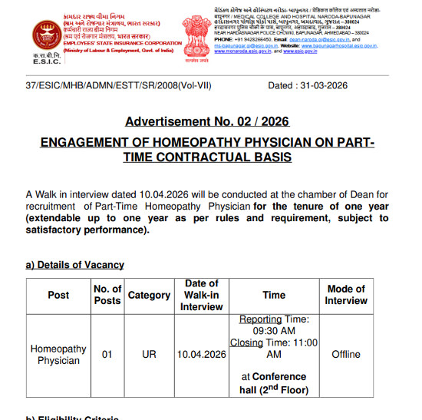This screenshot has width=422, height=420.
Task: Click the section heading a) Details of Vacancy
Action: (74, 265)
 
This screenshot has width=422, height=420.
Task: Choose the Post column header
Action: (58, 295)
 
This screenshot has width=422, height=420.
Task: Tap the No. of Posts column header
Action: (107, 295)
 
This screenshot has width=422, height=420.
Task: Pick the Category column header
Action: (149, 295)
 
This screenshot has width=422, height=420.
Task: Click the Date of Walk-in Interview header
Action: (202, 295)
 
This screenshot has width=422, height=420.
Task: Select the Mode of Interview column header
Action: (346, 295)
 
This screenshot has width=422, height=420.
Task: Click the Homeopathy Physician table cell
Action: (58, 355)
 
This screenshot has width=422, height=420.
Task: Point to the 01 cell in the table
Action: (107, 355)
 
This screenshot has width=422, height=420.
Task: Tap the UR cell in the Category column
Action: (149, 355)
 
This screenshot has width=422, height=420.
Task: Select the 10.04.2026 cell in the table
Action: (202, 355)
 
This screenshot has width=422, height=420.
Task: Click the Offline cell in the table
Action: (346, 355)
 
